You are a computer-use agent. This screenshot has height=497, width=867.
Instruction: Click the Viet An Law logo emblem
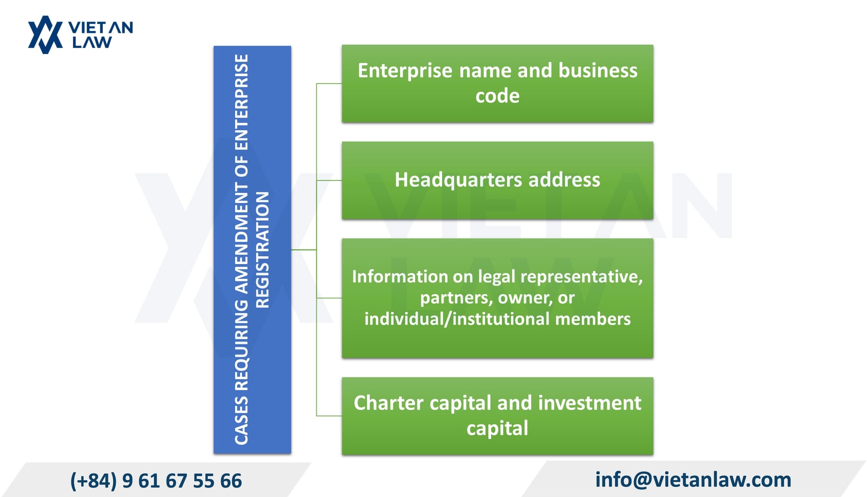click(45, 35)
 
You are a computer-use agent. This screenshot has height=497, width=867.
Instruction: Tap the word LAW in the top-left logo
click(92, 42)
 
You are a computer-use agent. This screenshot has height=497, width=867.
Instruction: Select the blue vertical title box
click(252, 250)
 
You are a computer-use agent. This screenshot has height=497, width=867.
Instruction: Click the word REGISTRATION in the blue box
click(262, 250)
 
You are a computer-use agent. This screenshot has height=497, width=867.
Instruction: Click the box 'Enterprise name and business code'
click(497, 84)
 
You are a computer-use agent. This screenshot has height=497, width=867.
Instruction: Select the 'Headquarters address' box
click(497, 181)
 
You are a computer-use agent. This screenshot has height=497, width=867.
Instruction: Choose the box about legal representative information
click(497, 298)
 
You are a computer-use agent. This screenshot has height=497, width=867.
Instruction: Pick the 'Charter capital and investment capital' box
click(497, 416)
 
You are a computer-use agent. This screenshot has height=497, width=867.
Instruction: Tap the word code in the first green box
click(497, 96)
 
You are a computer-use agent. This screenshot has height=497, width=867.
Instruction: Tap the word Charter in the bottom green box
click(389, 403)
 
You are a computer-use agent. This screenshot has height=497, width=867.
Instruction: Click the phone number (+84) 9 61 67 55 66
click(156, 481)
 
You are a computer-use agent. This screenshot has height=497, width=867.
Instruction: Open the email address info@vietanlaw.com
click(693, 480)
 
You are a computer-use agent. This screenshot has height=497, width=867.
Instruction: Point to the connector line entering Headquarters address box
click(329, 180)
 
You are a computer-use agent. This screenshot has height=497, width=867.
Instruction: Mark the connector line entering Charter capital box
click(329, 416)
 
